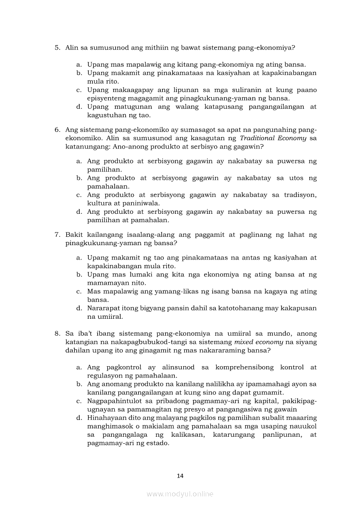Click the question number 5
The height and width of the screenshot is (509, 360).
[x=57, y=47]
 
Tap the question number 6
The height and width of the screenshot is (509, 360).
[x=57, y=130]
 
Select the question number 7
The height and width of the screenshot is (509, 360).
[x=57, y=235]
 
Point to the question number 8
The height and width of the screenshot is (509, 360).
[x=57, y=334]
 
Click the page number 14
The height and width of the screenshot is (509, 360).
[x=180, y=476]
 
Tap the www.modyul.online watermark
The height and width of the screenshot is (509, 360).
[x=180, y=494]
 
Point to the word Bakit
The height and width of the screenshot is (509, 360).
[x=74, y=235]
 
